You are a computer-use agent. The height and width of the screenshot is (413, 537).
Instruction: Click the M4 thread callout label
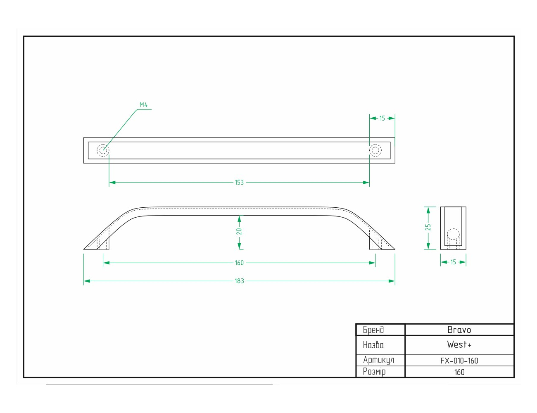(144, 105)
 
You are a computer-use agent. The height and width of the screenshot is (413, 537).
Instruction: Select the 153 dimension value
(239, 183)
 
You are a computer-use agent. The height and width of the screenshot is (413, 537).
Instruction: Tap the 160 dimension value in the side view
(239, 263)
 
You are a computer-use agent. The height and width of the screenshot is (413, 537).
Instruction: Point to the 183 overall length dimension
(239, 281)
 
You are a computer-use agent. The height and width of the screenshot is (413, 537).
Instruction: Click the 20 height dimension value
(239, 231)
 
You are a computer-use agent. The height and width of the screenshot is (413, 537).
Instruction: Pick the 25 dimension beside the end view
(428, 227)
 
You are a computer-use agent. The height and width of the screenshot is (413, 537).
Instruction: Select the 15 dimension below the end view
(453, 262)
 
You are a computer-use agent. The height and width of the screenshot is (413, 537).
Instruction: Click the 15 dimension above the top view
(382, 118)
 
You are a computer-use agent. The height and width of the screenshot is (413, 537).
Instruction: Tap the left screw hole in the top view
(103, 150)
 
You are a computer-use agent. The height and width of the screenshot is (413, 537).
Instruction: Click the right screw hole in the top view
(375, 150)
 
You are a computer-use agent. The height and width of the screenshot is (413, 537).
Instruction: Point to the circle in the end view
(453, 234)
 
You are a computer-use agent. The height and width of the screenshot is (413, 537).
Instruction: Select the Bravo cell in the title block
(459, 330)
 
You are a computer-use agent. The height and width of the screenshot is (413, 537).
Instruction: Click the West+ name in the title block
(459, 344)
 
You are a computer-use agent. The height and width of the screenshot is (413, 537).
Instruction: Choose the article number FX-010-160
(459, 361)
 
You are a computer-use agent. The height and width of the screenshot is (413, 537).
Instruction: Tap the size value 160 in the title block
(459, 372)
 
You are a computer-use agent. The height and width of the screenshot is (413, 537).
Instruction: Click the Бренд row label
(373, 330)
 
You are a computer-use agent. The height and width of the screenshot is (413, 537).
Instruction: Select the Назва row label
(373, 345)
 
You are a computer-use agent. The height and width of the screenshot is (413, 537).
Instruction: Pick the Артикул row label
(378, 360)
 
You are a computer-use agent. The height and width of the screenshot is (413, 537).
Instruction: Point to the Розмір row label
(374, 372)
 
